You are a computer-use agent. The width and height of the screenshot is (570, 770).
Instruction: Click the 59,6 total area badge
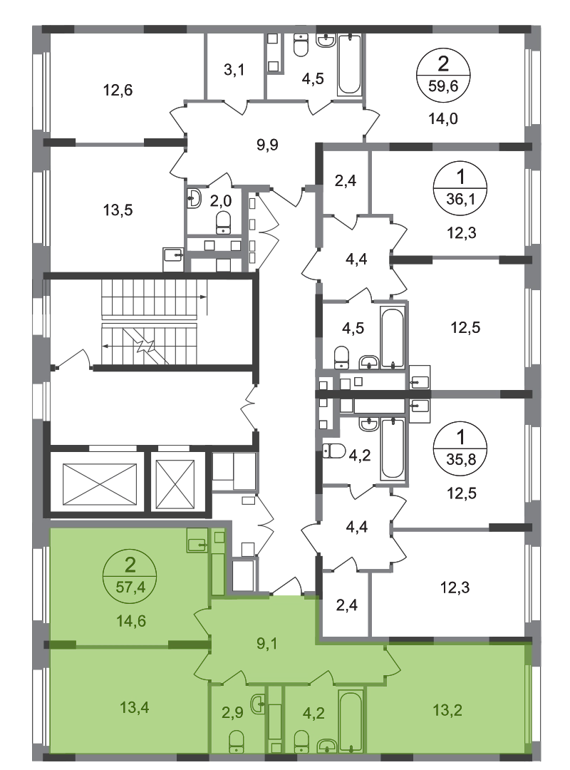[443, 76]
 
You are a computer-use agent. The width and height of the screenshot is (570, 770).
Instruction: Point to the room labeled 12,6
[118, 91]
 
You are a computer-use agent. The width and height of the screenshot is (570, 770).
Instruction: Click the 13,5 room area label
[118, 210]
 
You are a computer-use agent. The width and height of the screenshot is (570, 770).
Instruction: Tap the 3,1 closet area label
[234, 70]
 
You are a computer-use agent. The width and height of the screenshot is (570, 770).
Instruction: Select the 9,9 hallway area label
[268, 145]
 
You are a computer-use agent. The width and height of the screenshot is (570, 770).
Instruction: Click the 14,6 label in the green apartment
[130, 621]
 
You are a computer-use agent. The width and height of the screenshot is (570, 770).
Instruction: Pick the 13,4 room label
[135, 707]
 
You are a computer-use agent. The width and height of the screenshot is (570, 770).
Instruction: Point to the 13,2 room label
[447, 710]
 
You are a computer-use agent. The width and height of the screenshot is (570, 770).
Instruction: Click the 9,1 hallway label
[267, 643]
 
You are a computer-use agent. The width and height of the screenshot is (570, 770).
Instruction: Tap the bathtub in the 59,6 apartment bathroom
[350, 64]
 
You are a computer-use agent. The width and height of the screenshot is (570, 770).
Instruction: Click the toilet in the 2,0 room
[224, 222]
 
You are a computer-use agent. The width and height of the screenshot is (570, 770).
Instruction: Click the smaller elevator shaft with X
[175, 484]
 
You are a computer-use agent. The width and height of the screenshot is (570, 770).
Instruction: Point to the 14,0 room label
[443, 118]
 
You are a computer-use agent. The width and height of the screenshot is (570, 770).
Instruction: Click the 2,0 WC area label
[221, 200]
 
